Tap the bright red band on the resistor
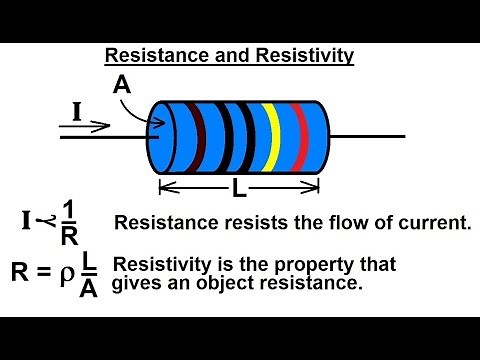click(x=297, y=136)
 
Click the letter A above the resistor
click(x=121, y=86)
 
